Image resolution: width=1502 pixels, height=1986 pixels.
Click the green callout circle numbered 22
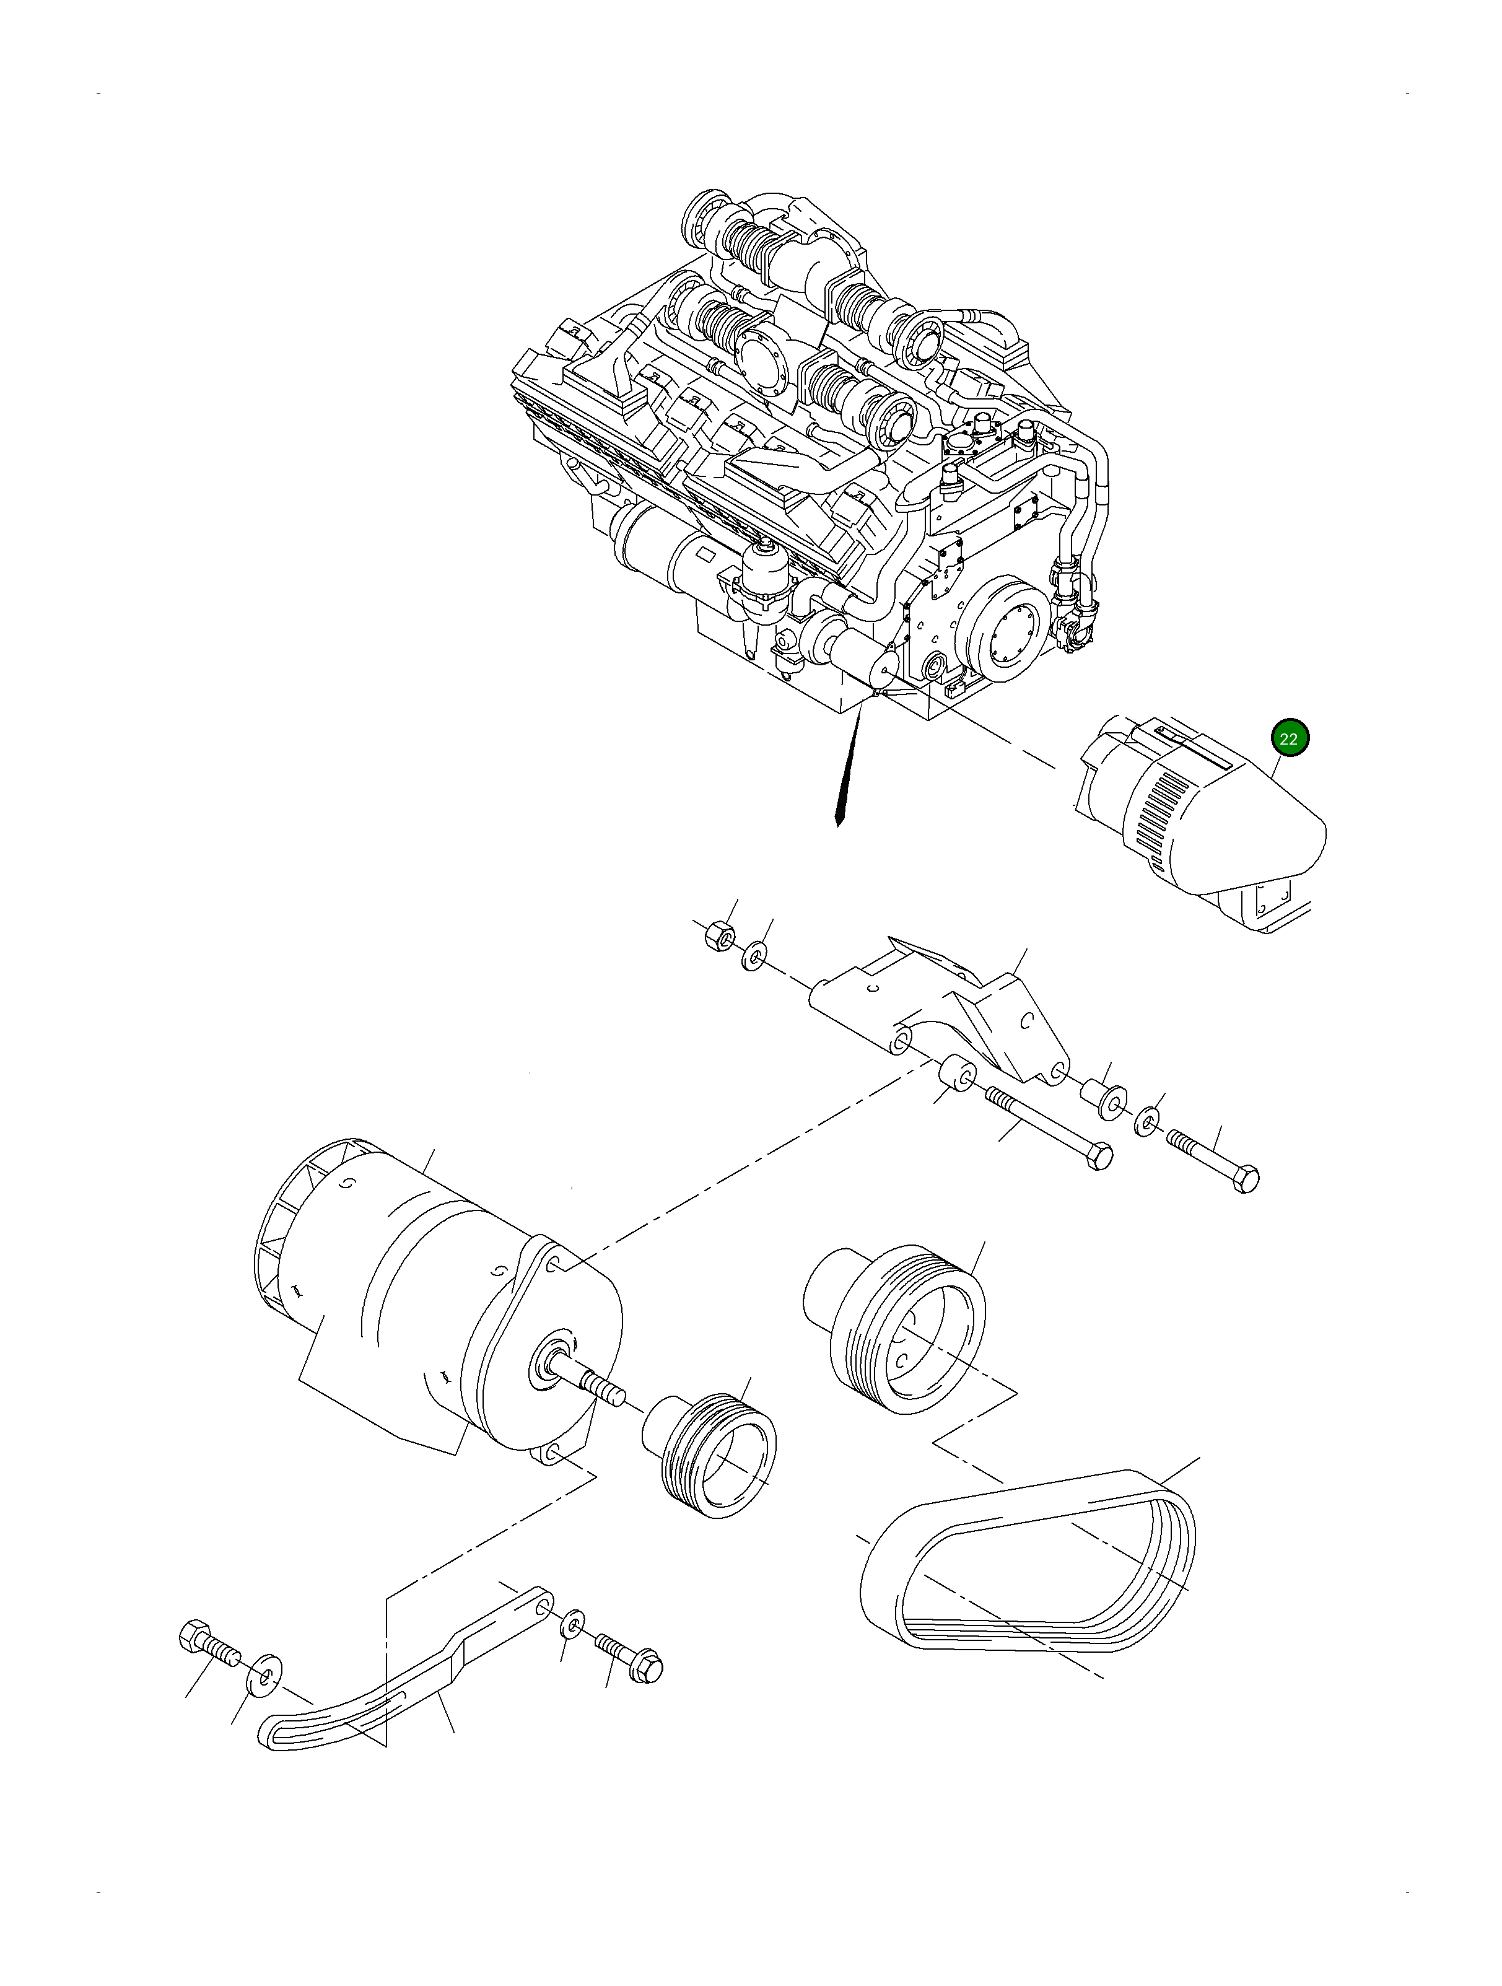tap(1289, 739)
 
